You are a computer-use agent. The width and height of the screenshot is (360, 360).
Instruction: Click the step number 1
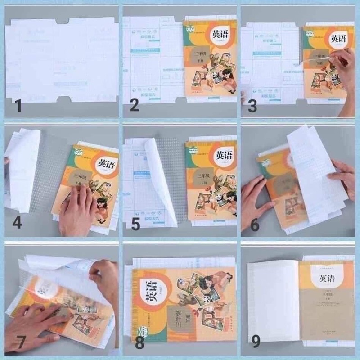coord(18,107)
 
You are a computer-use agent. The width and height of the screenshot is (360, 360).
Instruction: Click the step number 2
coord(134,106)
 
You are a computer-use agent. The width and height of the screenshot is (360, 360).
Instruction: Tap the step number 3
coord(252,107)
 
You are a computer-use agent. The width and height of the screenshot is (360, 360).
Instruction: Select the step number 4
coord(17,223)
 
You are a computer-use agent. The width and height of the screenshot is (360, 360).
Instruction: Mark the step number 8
coord(139,343)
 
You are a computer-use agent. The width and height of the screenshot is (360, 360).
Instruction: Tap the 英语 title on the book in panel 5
coord(224,156)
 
